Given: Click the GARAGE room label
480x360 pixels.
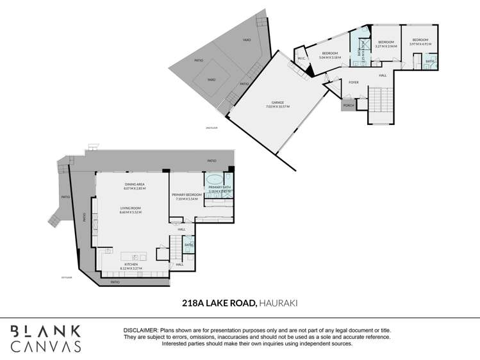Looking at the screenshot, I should tap(277, 102).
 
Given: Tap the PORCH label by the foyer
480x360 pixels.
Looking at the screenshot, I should tap(349, 105).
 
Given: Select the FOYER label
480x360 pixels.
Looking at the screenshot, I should tap(353, 83).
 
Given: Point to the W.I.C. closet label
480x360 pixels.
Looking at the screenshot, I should tap(300, 59).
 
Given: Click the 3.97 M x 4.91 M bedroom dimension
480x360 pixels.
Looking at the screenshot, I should tap(420, 44).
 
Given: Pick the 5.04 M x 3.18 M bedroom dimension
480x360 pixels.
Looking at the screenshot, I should tap(330, 57).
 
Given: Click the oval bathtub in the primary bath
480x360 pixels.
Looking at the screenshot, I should tap(215, 178).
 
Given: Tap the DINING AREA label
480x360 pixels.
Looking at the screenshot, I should tap(135, 184).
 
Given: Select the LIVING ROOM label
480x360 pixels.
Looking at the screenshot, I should tap(130, 208).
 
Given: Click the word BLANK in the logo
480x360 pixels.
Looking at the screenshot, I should tap(46, 331).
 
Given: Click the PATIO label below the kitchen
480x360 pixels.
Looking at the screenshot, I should tap(115, 282).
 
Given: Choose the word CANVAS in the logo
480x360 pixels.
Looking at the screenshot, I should tap(46, 347).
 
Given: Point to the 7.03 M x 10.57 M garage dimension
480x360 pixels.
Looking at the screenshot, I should tap(277, 106).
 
